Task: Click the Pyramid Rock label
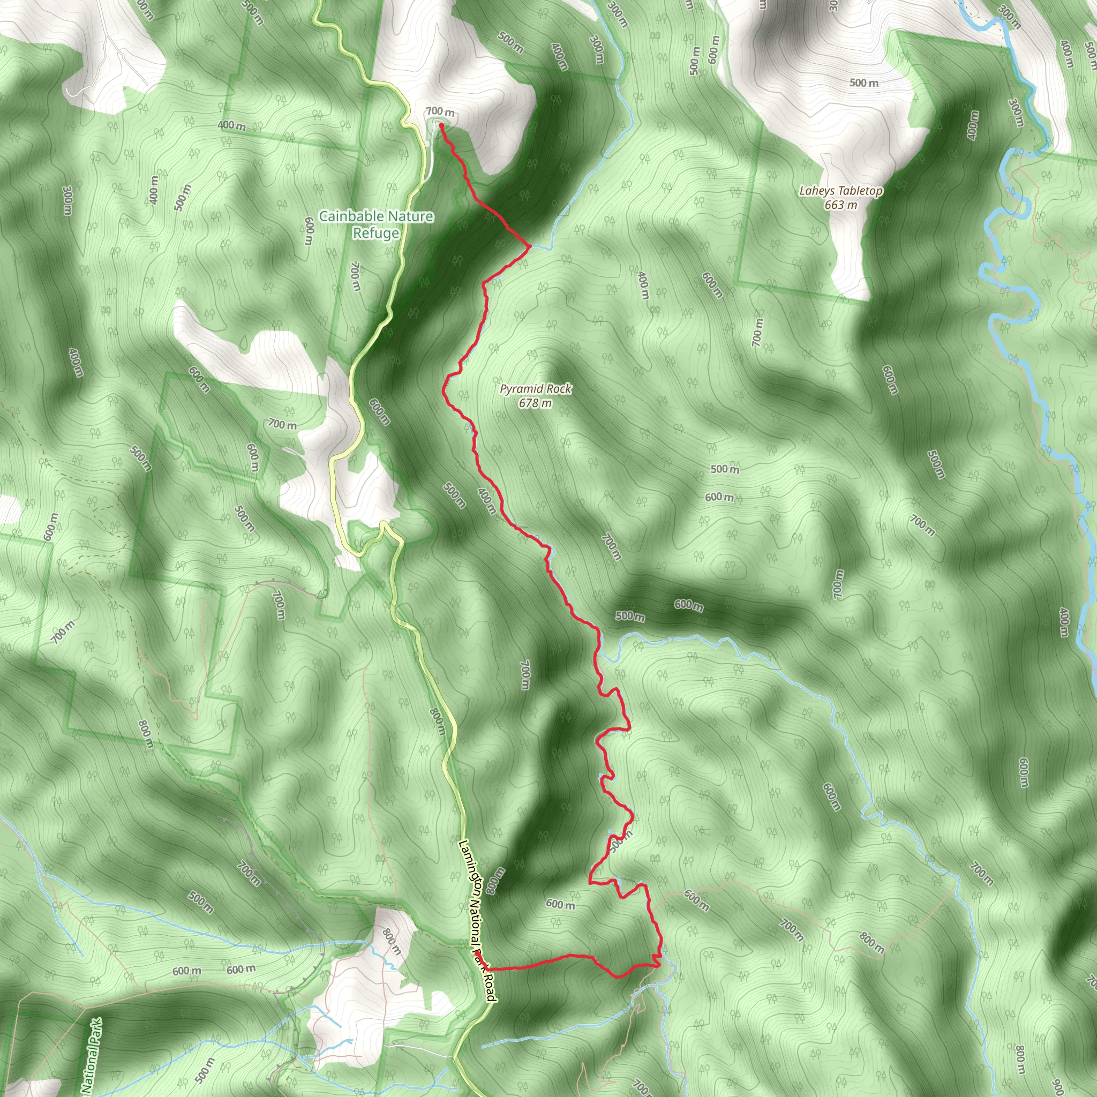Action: [536, 389]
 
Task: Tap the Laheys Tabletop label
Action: [840, 191]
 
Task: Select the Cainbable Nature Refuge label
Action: [376, 224]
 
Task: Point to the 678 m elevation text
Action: [535, 404]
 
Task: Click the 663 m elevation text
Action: [840, 205]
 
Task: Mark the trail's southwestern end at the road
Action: [486, 967]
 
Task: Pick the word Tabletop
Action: [860, 191]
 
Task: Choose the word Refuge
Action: [376, 234]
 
